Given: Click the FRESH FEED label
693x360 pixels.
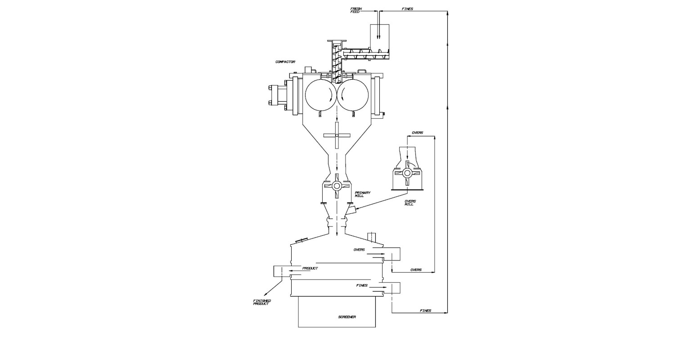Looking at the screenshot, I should (x=356, y=10).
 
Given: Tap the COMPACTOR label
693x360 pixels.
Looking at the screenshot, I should (x=285, y=62).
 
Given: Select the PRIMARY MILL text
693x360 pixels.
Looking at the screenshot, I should (x=362, y=194).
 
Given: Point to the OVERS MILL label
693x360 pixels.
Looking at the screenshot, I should (x=410, y=202).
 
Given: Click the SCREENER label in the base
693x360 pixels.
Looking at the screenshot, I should (x=346, y=317).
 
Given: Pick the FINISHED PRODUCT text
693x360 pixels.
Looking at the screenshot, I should (x=262, y=302).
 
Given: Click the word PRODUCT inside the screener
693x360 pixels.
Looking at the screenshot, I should (x=310, y=268).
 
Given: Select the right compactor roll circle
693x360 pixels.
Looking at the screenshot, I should (x=353, y=95).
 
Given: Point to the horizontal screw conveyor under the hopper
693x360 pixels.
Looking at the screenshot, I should (x=367, y=54).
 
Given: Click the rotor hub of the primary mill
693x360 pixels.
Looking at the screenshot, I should (x=337, y=186).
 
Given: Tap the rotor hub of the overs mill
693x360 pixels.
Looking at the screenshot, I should (x=407, y=173).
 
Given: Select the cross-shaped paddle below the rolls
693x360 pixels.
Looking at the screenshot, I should (x=337, y=135).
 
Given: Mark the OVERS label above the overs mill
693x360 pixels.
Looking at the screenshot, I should (x=417, y=133).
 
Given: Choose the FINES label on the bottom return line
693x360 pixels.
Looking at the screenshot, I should (x=425, y=310).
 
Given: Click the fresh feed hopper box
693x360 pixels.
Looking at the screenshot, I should (x=378, y=36).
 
